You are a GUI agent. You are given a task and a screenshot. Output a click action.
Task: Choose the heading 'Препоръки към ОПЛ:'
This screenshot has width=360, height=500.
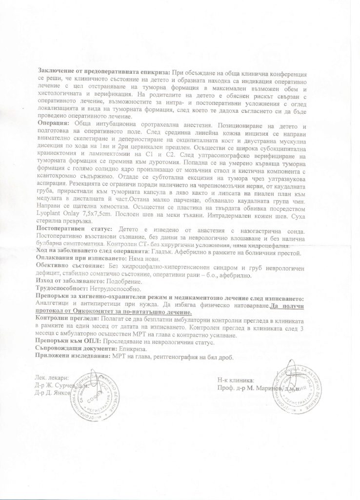(x=69, y=342)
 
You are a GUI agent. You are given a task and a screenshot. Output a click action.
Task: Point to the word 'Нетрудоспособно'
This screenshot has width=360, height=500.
(x=128, y=289)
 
